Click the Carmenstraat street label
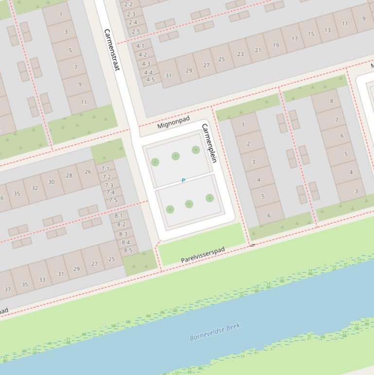pos(111,50)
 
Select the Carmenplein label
pos(208,143)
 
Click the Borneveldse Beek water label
pos(215,332)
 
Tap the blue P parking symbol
pos(183,181)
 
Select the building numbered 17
pos(294,38)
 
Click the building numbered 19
pos(276,45)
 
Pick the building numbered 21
pos(258,50)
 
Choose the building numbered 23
pos(240,54)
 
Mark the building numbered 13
pos(327,30)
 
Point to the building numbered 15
pos(311,34)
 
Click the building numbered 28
pos(69,176)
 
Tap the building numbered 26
pos(88,171)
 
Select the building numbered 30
pos(51,182)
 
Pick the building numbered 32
pos(35,187)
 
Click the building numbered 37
pos(7,289)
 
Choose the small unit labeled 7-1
pos(106,169)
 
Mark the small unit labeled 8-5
pos(128,250)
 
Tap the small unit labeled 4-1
pos(141,46)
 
